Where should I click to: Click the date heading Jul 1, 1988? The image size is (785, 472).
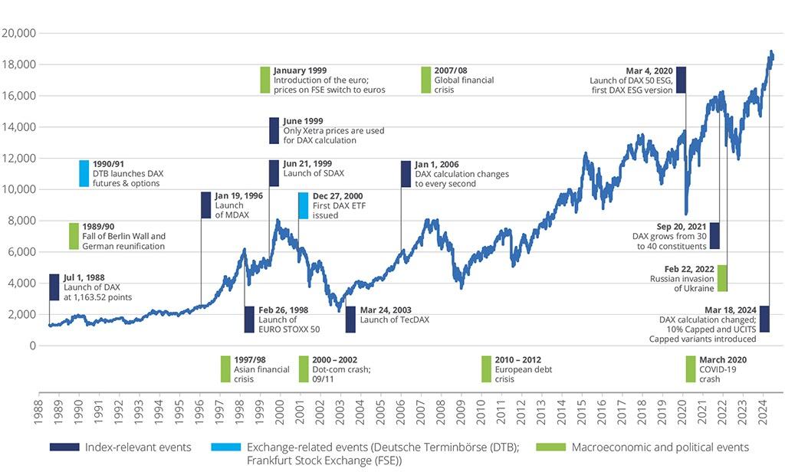(x=84, y=278)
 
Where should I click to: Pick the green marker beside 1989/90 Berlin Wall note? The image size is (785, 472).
(x=74, y=236)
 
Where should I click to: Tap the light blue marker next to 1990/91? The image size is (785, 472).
(x=84, y=173)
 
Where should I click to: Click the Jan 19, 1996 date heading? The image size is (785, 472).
(x=238, y=195)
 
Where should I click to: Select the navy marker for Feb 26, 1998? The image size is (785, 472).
(x=249, y=320)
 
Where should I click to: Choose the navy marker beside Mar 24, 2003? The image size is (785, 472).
(x=350, y=320)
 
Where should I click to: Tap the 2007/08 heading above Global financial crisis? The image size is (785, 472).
(x=453, y=70)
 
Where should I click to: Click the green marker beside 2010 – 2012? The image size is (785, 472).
(x=486, y=369)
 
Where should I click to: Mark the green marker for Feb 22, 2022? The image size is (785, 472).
(x=722, y=277)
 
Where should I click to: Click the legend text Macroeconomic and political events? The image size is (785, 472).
(x=658, y=447)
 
